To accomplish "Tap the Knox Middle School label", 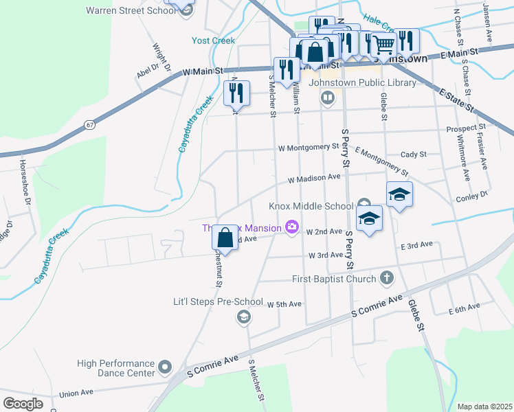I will [311, 207].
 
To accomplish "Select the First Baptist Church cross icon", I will [387, 278].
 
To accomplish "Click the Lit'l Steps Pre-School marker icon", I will [243, 317].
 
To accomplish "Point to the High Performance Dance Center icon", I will [164, 368].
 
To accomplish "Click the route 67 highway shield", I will [90, 124].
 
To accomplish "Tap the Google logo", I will [23, 403].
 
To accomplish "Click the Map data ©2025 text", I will [484, 407].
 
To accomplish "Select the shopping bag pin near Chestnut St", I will [225, 238].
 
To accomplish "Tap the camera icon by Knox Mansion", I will [292, 227].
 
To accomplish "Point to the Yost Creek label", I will [213, 41].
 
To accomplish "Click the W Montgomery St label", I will [309, 147].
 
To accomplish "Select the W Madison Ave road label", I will [314, 177].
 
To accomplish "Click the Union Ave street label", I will [76, 393].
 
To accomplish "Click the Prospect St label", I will [465, 128].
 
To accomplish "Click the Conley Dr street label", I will [471, 197].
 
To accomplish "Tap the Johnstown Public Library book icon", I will [328, 98].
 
